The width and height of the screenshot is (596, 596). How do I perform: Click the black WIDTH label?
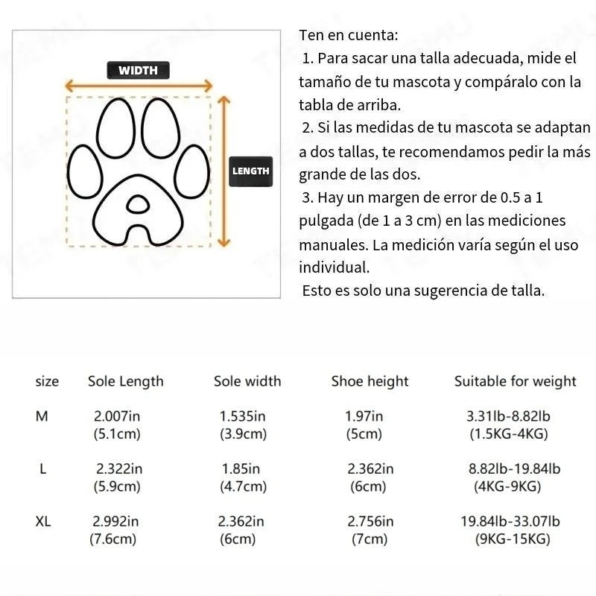(x=139, y=71)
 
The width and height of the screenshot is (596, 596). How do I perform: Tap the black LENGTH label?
(x=251, y=171)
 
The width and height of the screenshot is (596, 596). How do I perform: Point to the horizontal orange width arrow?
(x=139, y=86)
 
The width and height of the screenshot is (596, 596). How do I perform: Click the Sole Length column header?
(x=125, y=381)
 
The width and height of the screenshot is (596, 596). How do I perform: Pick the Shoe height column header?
(x=370, y=381)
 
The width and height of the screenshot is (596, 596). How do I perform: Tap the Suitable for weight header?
(x=515, y=381)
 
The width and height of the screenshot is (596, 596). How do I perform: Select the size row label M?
(x=42, y=416)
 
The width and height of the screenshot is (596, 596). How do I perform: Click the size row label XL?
(x=43, y=521)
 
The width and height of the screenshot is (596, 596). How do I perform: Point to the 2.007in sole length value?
(x=116, y=416)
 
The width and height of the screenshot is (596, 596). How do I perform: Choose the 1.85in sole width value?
(x=241, y=469)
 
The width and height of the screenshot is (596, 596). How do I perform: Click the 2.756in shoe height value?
(x=370, y=521)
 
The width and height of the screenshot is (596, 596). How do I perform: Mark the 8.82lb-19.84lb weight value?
(x=514, y=469)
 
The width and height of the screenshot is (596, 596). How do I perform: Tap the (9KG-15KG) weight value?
(x=513, y=539)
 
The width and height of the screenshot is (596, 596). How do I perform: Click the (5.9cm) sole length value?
(x=116, y=486)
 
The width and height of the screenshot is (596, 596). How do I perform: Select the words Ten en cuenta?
(x=348, y=35)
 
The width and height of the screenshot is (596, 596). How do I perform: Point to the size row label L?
(x=43, y=469)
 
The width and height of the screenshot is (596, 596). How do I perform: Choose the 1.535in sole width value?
(x=243, y=416)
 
